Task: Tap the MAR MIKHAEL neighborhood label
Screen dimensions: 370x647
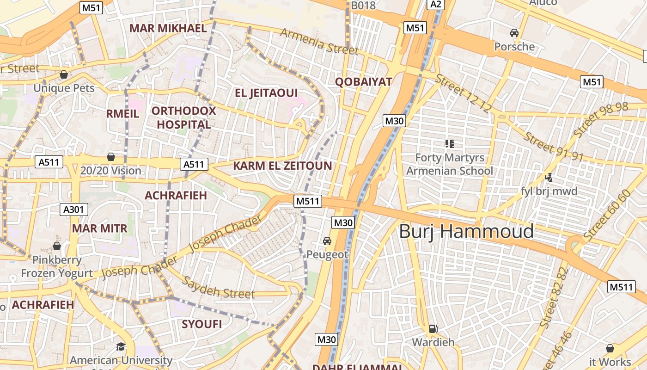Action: tap(168, 28)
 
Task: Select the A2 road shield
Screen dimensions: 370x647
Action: tap(436, 5)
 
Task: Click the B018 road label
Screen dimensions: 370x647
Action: tap(363, 6)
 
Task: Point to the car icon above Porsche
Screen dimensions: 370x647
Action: tap(514, 33)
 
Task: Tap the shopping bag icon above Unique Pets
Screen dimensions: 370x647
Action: tap(64, 74)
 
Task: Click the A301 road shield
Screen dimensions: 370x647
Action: tap(74, 210)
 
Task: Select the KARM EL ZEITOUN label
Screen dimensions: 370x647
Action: tap(282, 166)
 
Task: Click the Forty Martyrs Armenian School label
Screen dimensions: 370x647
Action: tap(449, 164)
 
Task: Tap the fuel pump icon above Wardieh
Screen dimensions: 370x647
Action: tap(433, 329)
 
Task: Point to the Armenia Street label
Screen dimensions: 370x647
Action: tap(319, 41)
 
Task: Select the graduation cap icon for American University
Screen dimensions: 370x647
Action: tap(121, 346)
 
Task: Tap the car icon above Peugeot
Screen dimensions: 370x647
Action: tap(327, 241)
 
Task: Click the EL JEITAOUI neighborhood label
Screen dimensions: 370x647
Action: tap(266, 93)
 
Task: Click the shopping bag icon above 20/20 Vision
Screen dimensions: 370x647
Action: tap(110, 157)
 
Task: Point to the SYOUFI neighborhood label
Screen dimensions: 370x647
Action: tap(201, 324)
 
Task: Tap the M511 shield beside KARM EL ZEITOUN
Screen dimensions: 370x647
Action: tap(308, 201)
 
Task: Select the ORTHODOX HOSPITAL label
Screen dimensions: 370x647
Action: tap(183, 117)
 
